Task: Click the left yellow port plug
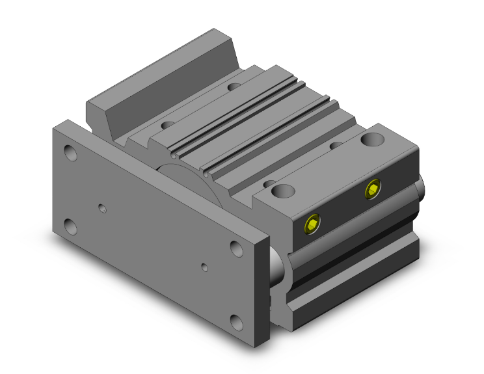(x=313, y=224)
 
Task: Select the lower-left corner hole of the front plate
(x=71, y=226)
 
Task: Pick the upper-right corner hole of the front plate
(x=237, y=248)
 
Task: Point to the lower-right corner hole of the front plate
(x=237, y=321)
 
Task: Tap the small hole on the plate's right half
(x=205, y=267)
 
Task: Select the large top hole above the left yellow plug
(x=283, y=191)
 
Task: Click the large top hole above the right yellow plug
(x=373, y=139)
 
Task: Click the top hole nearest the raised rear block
(x=168, y=124)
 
